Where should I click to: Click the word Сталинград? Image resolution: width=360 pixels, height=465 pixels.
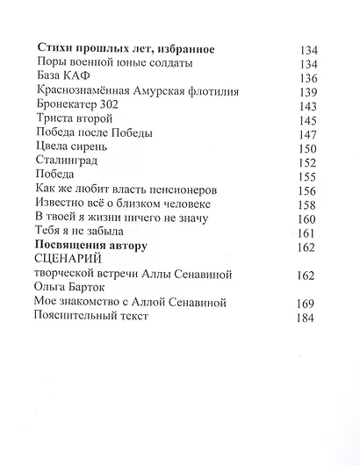coord(67,161)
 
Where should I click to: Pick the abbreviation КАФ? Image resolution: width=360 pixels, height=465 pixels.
coord(83,77)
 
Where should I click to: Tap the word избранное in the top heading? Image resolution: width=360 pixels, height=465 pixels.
coord(178,49)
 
